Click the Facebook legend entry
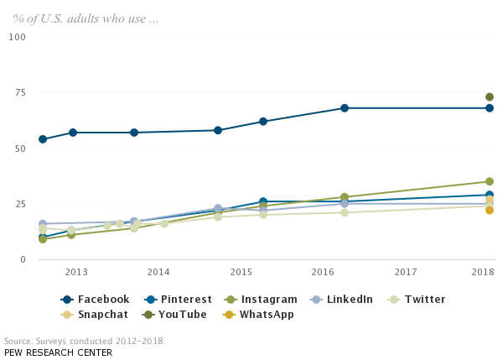coord(96,300)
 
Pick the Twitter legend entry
coord(416,300)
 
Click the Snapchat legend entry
coord(96,315)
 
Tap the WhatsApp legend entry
coord(259,315)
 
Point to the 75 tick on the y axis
coord(18,92)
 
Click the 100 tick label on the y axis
coord(18,37)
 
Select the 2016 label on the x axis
coord(323,272)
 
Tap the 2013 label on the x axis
coord(76,272)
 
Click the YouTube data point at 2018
coord(490,97)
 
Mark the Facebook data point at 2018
coord(490,108)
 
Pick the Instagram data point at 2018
coord(490,181)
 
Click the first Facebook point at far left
coord(43,139)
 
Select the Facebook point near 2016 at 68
coord(345,108)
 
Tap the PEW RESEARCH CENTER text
coord(58,352)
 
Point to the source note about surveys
coord(85,342)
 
